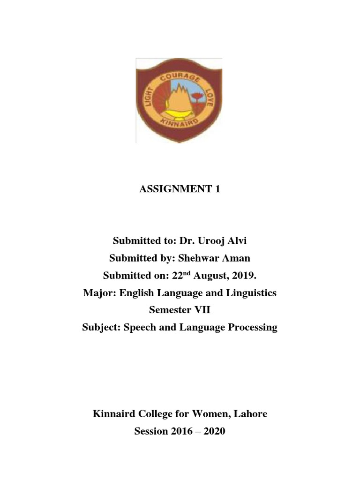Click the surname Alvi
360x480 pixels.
click(x=236, y=241)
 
